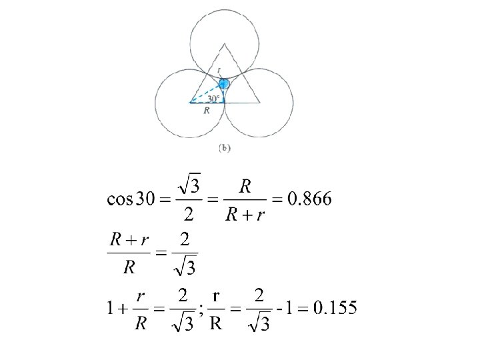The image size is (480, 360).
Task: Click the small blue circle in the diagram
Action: (x=224, y=84)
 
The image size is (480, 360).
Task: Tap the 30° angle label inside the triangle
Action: (x=212, y=98)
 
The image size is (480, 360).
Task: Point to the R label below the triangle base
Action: (x=207, y=111)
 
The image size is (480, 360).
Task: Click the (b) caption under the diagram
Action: (x=224, y=149)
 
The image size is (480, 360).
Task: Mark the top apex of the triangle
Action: (x=224, y=44)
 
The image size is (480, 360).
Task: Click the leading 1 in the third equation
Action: (x=109, y=309)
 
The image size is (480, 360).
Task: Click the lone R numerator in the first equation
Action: (x=246, y=186)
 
